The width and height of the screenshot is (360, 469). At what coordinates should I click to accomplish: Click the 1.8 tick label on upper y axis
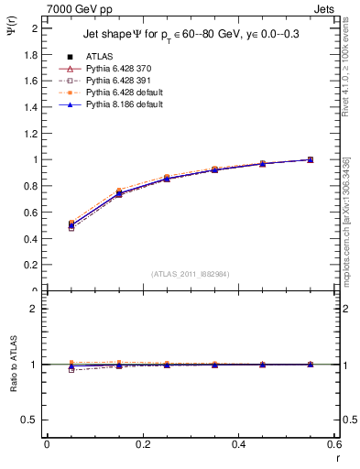pyautogui.click(x=31, y=54)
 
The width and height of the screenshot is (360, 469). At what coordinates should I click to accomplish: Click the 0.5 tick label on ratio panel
pyautogui.click(x=31, y=420)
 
